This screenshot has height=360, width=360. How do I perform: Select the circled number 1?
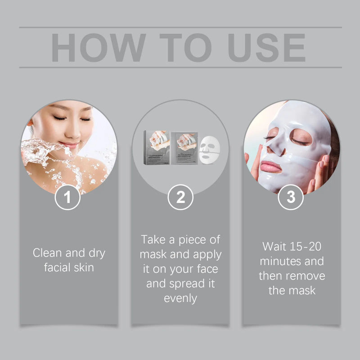click(x=68, y=198)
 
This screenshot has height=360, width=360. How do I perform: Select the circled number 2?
click(x=180, y=198)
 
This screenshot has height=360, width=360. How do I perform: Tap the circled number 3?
click(x=291, y=198)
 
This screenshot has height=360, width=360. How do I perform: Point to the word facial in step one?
click(x=56, y=268)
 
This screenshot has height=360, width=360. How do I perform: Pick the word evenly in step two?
click(x=180, y=298)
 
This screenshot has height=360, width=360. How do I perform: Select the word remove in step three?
click(x=307, y=275)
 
